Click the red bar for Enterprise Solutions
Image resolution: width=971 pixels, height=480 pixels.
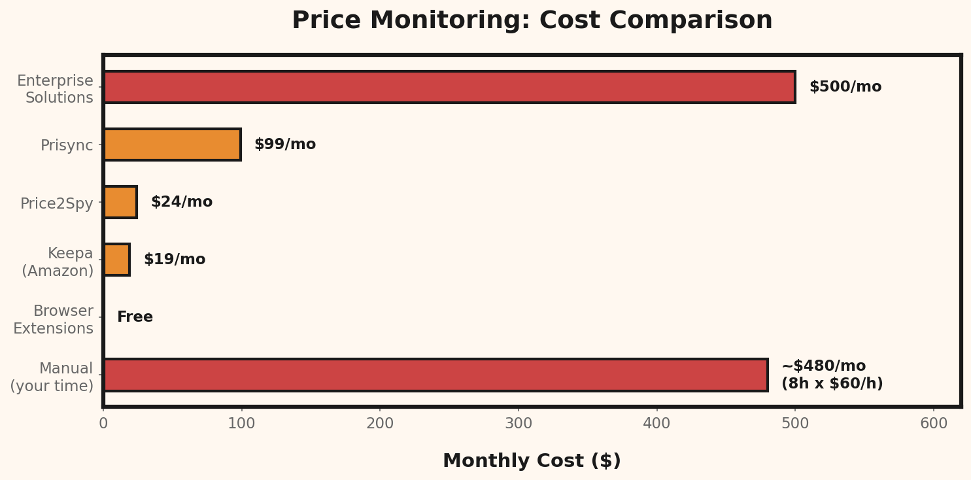[x=449, y=87]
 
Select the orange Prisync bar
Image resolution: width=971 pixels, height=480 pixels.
[x=172, y=145]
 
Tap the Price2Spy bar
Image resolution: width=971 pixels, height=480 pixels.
[x=120, y=202]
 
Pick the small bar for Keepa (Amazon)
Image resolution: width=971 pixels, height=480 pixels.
[x=117, y=260]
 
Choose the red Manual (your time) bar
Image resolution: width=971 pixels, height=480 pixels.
[x=435, y=375]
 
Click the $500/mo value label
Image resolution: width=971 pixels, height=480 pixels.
[x=845, y=87]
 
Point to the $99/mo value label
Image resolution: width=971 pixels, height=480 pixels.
[x=284, y=145]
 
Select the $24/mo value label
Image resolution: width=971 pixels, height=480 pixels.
[x=181, y=202]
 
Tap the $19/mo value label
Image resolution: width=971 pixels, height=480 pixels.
[x=174, y=260]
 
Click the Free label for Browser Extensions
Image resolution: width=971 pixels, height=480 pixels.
[x=135, y=317]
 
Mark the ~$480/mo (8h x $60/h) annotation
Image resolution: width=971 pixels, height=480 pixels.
[x=831, y=375]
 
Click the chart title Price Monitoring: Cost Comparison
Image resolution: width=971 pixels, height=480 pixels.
[x=532, y=21]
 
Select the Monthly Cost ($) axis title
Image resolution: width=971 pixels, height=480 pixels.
[x=532, y=461]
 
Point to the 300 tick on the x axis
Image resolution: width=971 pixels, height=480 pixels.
[x=519, y=424]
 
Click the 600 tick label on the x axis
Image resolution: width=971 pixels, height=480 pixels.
[x=933, y=424]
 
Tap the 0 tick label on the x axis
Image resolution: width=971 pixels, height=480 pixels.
[x=103, y=424]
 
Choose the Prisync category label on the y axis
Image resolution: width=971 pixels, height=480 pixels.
[x=67, y=145]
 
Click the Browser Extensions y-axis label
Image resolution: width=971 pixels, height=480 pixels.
[x=54, y=320]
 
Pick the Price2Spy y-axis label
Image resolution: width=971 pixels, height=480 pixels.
[x=57, y=203]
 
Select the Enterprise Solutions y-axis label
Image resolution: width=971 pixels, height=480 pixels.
[x=56, y=90]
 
